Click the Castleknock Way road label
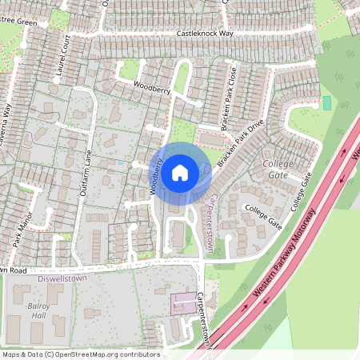(205, 34)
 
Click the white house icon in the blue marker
(180, 172)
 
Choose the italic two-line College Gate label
(279, 169)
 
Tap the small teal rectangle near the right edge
(326, 103)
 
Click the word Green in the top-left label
(27, 22)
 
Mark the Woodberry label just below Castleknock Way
(153, 87)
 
